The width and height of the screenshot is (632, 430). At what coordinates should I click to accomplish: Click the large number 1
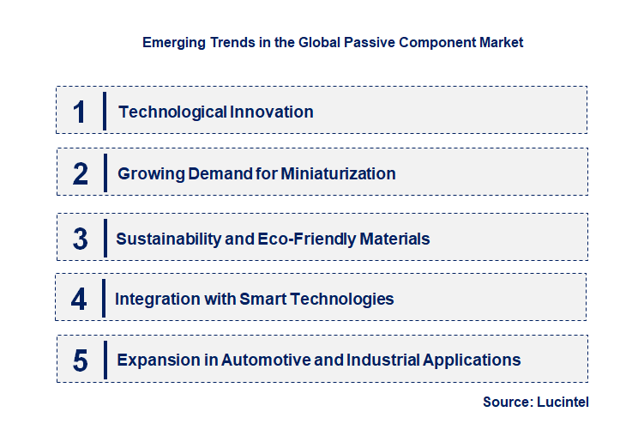(x=80, y=112)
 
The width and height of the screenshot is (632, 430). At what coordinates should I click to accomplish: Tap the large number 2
(x=81, y=174)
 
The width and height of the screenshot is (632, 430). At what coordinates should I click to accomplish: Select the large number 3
(x=81, y=239)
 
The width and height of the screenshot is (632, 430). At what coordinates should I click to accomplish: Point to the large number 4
(x=79, y=300)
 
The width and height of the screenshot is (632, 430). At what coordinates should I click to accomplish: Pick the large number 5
(x=81, y=360)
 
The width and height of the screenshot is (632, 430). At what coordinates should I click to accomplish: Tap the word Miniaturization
(x=338, y=173)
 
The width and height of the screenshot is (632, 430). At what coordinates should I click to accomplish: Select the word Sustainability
(x=168, y=239)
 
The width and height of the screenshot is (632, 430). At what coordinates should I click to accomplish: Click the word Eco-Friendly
(x=307, y=239)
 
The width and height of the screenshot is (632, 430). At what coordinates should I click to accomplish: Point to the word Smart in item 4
(x=262, y=299)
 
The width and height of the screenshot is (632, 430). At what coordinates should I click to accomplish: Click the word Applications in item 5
(x=472, y=360)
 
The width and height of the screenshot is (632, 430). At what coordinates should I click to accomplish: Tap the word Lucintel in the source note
(x=563, y=402)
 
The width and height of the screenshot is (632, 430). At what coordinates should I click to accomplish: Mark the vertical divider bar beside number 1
(x=105, y=111)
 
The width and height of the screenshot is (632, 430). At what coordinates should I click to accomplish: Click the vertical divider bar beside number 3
(x=105, y=238)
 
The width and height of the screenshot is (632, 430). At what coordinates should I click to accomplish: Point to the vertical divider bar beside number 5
(x=105, y=360)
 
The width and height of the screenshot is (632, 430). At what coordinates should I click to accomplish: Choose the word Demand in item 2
(x=220, y=173)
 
